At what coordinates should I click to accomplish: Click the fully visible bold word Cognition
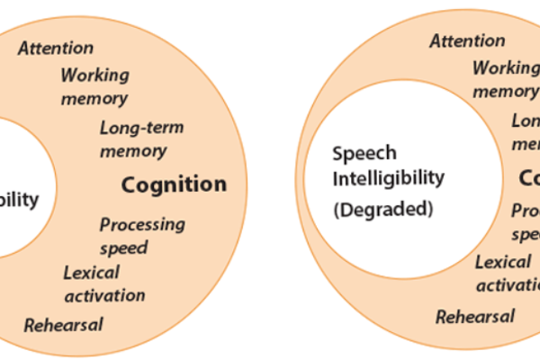click(174, 185)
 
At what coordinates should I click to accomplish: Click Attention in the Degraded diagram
click(467, 40)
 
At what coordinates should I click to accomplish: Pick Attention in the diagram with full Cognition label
click(56, 48)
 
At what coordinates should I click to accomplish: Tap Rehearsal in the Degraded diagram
click(475, 316)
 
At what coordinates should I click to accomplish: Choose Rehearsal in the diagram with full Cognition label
click(63, 324)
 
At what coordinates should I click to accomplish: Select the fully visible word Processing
click(142, 224)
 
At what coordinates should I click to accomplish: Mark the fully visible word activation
click(104, 294)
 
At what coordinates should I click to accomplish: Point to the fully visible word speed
click(124, 247)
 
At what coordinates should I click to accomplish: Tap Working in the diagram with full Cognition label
click(95, 76)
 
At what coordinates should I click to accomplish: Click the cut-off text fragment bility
click(20, 200)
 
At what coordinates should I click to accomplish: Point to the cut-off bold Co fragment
click(529, 178)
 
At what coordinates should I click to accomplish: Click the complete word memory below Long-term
click(133, 150)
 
